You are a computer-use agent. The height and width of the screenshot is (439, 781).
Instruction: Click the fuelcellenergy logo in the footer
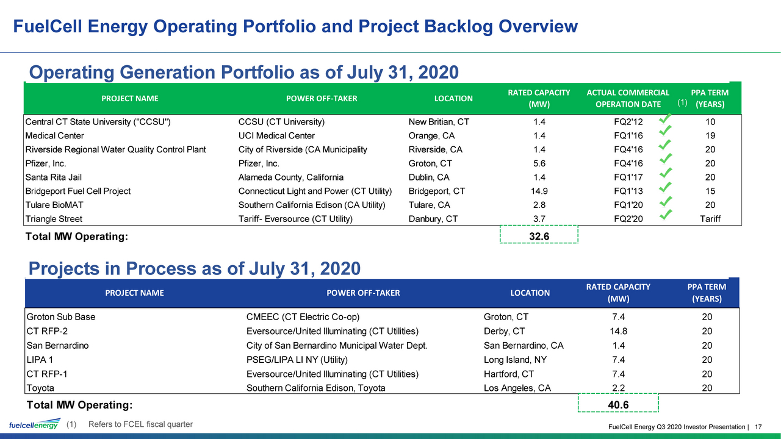click(35, 424)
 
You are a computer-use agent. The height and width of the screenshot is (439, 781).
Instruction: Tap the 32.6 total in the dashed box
click(539, 236)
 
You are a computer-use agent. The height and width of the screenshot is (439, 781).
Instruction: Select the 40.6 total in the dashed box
click(618, 405)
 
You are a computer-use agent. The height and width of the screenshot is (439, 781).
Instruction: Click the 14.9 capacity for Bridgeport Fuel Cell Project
click(539, 191)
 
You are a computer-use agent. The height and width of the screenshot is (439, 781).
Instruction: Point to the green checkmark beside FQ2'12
click(665, 118)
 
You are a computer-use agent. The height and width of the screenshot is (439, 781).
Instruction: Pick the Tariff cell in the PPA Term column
click(710, 219)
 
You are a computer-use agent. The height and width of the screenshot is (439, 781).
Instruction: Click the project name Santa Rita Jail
click(53, 177)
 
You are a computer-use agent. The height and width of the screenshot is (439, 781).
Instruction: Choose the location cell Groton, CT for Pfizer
click(430, 163)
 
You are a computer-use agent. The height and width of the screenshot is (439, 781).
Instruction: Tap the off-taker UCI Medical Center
click(276, 135)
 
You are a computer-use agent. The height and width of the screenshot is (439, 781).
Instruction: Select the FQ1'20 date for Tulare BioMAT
click(628, 205)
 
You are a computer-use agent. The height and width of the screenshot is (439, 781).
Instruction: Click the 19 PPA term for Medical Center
click(710, 135)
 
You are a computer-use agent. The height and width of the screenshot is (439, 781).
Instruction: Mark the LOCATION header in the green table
click(453, 99)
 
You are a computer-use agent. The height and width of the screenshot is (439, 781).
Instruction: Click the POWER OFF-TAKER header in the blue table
click(363, 293)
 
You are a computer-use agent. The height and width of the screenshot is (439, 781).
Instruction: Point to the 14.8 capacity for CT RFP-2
click(618, 331)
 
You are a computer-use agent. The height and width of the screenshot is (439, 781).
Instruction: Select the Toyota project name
click(40, 388)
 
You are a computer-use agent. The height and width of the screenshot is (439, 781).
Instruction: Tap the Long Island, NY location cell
click(515, 360)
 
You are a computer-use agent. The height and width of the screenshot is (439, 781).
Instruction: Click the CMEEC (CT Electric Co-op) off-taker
click(303, 316)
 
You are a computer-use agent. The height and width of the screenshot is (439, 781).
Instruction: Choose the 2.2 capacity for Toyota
click(618, 388)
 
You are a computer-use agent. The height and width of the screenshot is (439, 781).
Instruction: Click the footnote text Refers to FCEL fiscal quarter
click(140, 424)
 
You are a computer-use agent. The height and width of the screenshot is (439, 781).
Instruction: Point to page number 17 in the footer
click(758, 427)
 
